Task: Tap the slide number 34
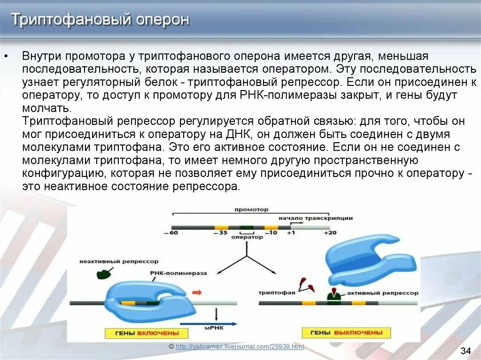click(465, 351)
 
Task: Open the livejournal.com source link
click(240, 347)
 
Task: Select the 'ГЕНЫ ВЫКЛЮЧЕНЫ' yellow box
click(346, 333)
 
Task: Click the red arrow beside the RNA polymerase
click(197, 292)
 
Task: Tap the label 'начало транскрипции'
click(315, 218)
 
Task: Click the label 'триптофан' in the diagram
click(277, 292)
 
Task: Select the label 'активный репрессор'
click(382, 292)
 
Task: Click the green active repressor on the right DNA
click(334, 296)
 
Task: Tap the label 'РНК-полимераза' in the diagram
click(172, 272)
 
